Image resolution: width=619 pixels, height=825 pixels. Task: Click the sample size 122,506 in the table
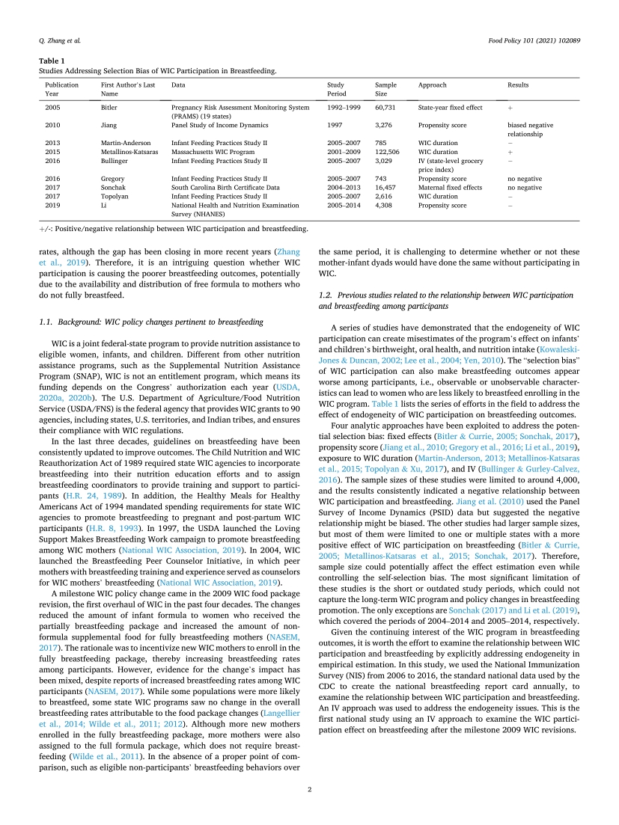[387, 151]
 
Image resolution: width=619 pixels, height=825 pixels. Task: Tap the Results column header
[519, 85]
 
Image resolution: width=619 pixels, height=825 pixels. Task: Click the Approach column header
[431, 85]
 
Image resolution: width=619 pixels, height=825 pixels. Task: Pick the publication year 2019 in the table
[52, 205]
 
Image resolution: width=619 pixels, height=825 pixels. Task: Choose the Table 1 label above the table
[50, 62]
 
